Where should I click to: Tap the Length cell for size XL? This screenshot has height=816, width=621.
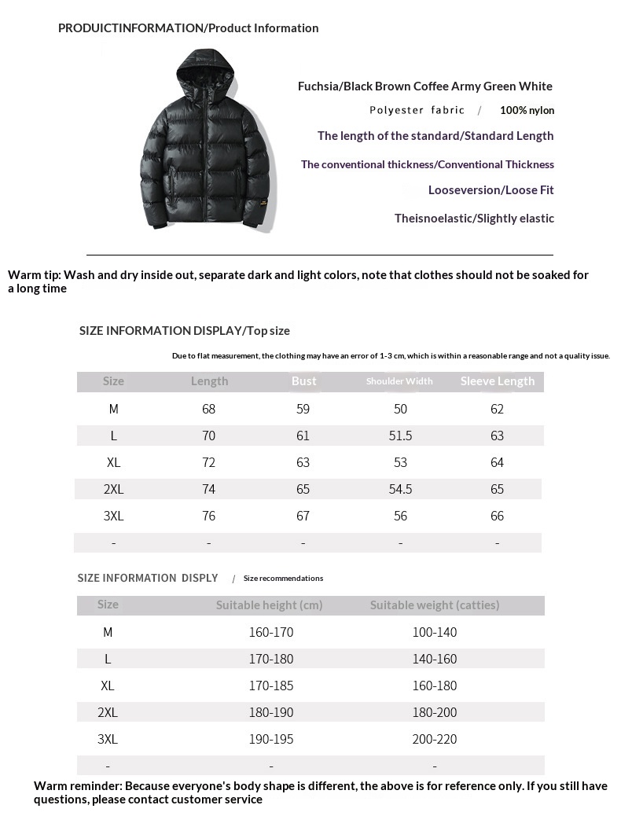[208, 462]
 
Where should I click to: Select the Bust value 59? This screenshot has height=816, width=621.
[303, 409]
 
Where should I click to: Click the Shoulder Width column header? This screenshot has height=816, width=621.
[399, 381]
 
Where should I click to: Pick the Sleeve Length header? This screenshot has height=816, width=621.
[497, 381]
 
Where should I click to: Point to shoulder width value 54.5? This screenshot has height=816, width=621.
[400, 489]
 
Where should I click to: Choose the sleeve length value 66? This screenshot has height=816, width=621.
[497, 516]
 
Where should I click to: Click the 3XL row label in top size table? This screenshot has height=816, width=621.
[113, 516]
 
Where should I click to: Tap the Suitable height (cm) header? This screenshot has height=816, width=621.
[269, 605]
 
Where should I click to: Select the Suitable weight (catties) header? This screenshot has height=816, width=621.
[435, 605]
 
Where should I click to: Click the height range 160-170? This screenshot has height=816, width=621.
[271, 632]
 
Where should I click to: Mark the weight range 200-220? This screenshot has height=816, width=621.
[434, 739]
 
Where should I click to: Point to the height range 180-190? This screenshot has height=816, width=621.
[271, 712]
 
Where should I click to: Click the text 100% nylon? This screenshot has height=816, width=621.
[527, 111]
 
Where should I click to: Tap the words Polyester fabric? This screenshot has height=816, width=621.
[417, 111]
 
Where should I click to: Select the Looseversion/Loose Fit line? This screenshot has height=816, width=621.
[491, 190]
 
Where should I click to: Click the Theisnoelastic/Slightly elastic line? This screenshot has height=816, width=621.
[474, 219]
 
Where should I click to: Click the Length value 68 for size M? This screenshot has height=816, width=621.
[208, 409]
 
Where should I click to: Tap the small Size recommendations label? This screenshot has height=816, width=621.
[283, 579]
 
